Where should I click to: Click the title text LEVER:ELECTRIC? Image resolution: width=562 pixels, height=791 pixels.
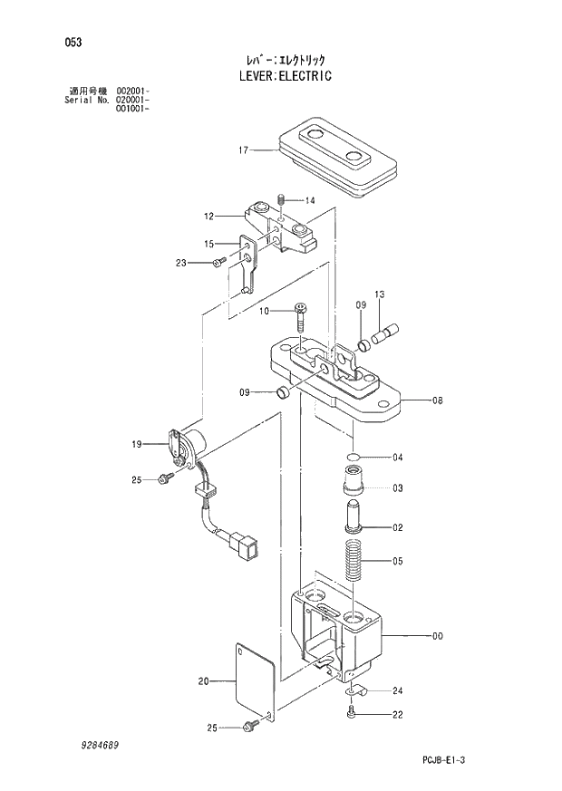click(281, 77)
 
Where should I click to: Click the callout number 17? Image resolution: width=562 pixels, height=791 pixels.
click(242, 150)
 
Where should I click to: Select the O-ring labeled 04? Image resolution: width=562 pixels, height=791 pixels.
click(354, 456)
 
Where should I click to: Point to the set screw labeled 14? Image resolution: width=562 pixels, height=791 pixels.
click(282, 199)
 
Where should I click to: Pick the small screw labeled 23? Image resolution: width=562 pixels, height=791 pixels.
click(218, 263)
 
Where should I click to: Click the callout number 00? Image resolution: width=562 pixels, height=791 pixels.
click(437, 636)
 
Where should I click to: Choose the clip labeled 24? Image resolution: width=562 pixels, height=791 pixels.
click(354, 693)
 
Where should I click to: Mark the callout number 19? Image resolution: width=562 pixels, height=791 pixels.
click(137, 444)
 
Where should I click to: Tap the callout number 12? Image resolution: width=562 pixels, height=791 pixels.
click(208, 217)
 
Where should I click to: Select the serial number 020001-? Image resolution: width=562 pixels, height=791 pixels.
click(132, 101)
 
